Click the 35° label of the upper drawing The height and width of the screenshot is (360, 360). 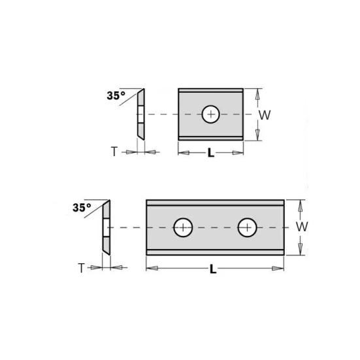point(116,95)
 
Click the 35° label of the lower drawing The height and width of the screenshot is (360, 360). point(82,208)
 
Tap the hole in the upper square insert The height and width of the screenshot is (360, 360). point(210,114)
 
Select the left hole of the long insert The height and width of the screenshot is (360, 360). point(182,227)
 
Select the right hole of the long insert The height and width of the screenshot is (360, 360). point(247,227)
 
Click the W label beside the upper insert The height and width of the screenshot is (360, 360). point(265,115)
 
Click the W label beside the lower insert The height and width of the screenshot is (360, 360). point(301,227)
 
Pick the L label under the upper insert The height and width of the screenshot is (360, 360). point(210,153)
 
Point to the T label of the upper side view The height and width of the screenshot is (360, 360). point(114,152)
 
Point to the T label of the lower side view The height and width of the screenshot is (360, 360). point(81,267)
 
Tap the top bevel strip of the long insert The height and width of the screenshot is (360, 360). point(215,203)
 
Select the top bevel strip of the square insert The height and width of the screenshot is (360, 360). point(210,91)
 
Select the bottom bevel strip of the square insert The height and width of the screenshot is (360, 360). point(210,138)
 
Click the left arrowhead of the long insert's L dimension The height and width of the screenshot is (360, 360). point(150,267)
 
